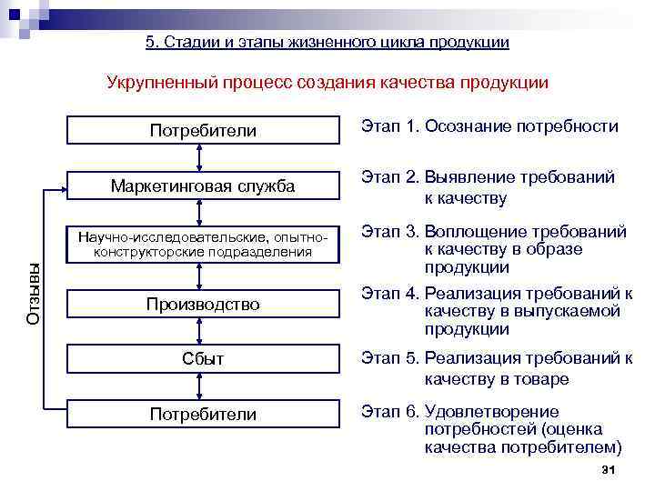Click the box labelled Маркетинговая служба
click(x=203, y=186)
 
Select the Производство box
click(x=203, y=304)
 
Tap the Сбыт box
click(x=203, y=359)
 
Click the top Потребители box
click(x=203, y=131)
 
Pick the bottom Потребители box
click(x=203, y=415)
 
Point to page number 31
click(x=610, y=469)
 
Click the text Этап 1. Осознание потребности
click(x=489, y=127)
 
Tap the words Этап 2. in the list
click(x=389, y=177)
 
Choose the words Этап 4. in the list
click(x=389, y=293)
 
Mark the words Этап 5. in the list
click(x=389, y=357)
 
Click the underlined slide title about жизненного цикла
click(x=327, y=42)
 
